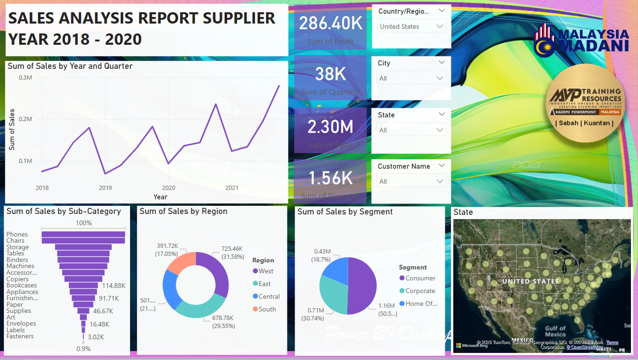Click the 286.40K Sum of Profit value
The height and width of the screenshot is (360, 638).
(330, 23)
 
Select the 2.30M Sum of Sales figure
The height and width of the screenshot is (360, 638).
(330, 127)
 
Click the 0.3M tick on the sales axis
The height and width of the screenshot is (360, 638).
(25, 78)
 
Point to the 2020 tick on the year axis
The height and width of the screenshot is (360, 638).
(168, 188)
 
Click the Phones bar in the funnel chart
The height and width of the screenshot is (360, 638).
(83, 234)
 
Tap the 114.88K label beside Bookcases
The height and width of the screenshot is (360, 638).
(113, 286)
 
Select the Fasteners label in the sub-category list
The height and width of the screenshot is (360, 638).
(20, 336)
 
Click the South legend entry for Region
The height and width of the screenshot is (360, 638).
(267, 309)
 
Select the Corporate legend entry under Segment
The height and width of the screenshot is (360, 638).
(420, 291)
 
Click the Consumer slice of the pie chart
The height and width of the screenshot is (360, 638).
(363, 286)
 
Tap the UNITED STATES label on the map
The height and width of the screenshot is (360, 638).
(531, 281)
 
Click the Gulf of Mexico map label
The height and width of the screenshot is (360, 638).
(555, 331)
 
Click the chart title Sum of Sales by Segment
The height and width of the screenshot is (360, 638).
(345, 212)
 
